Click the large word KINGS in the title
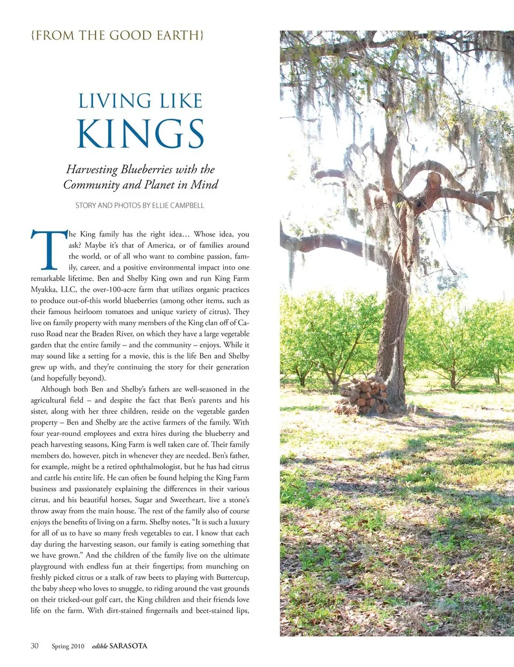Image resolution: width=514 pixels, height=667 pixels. click(x=140, y=133)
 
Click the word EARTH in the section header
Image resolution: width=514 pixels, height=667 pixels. click(x=178, y=35)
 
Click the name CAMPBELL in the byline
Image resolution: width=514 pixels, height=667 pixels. click(x=187, y=205)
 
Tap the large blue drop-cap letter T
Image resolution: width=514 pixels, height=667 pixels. click(x=49, y=250)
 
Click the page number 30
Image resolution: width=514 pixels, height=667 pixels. click(x=35, y=646)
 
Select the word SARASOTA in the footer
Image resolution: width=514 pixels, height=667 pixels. click(x=128, y=646)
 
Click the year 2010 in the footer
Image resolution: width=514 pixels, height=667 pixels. click(x=77, y=646)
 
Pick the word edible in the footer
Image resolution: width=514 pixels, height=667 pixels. click(x=100, y=646)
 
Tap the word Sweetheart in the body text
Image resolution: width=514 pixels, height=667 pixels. click(x=188, y=500)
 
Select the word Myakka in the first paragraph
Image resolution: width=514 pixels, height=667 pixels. click(x=42, y=290)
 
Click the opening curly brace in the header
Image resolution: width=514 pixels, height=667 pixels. click(x=33, y=35)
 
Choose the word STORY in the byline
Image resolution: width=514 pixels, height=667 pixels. click(x=85, y=205)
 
